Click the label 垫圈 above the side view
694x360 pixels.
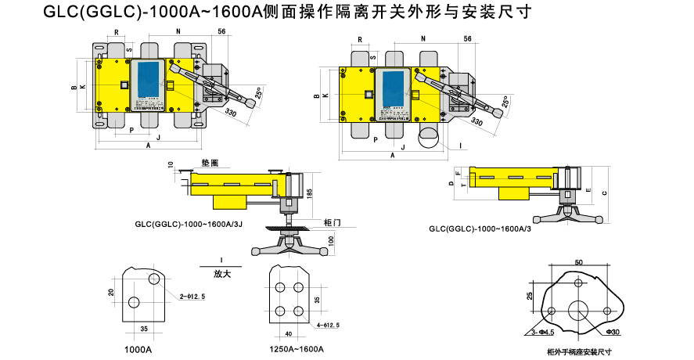coord(210,163)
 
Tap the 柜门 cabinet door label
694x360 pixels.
coord(332,223)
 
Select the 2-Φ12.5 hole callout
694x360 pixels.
coord(192,297)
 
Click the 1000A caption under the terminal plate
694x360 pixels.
coord(138,348)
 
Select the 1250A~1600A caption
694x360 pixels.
coord(297,348)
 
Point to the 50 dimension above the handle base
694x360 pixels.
coord(578,262)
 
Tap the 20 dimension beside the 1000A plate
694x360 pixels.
coord(111,292)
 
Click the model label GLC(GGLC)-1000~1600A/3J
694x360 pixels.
coord(189,224)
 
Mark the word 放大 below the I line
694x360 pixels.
coord(221,274)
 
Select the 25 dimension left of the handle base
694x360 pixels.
coord(530,296)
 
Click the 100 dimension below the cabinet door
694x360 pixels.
coord(331,239)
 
